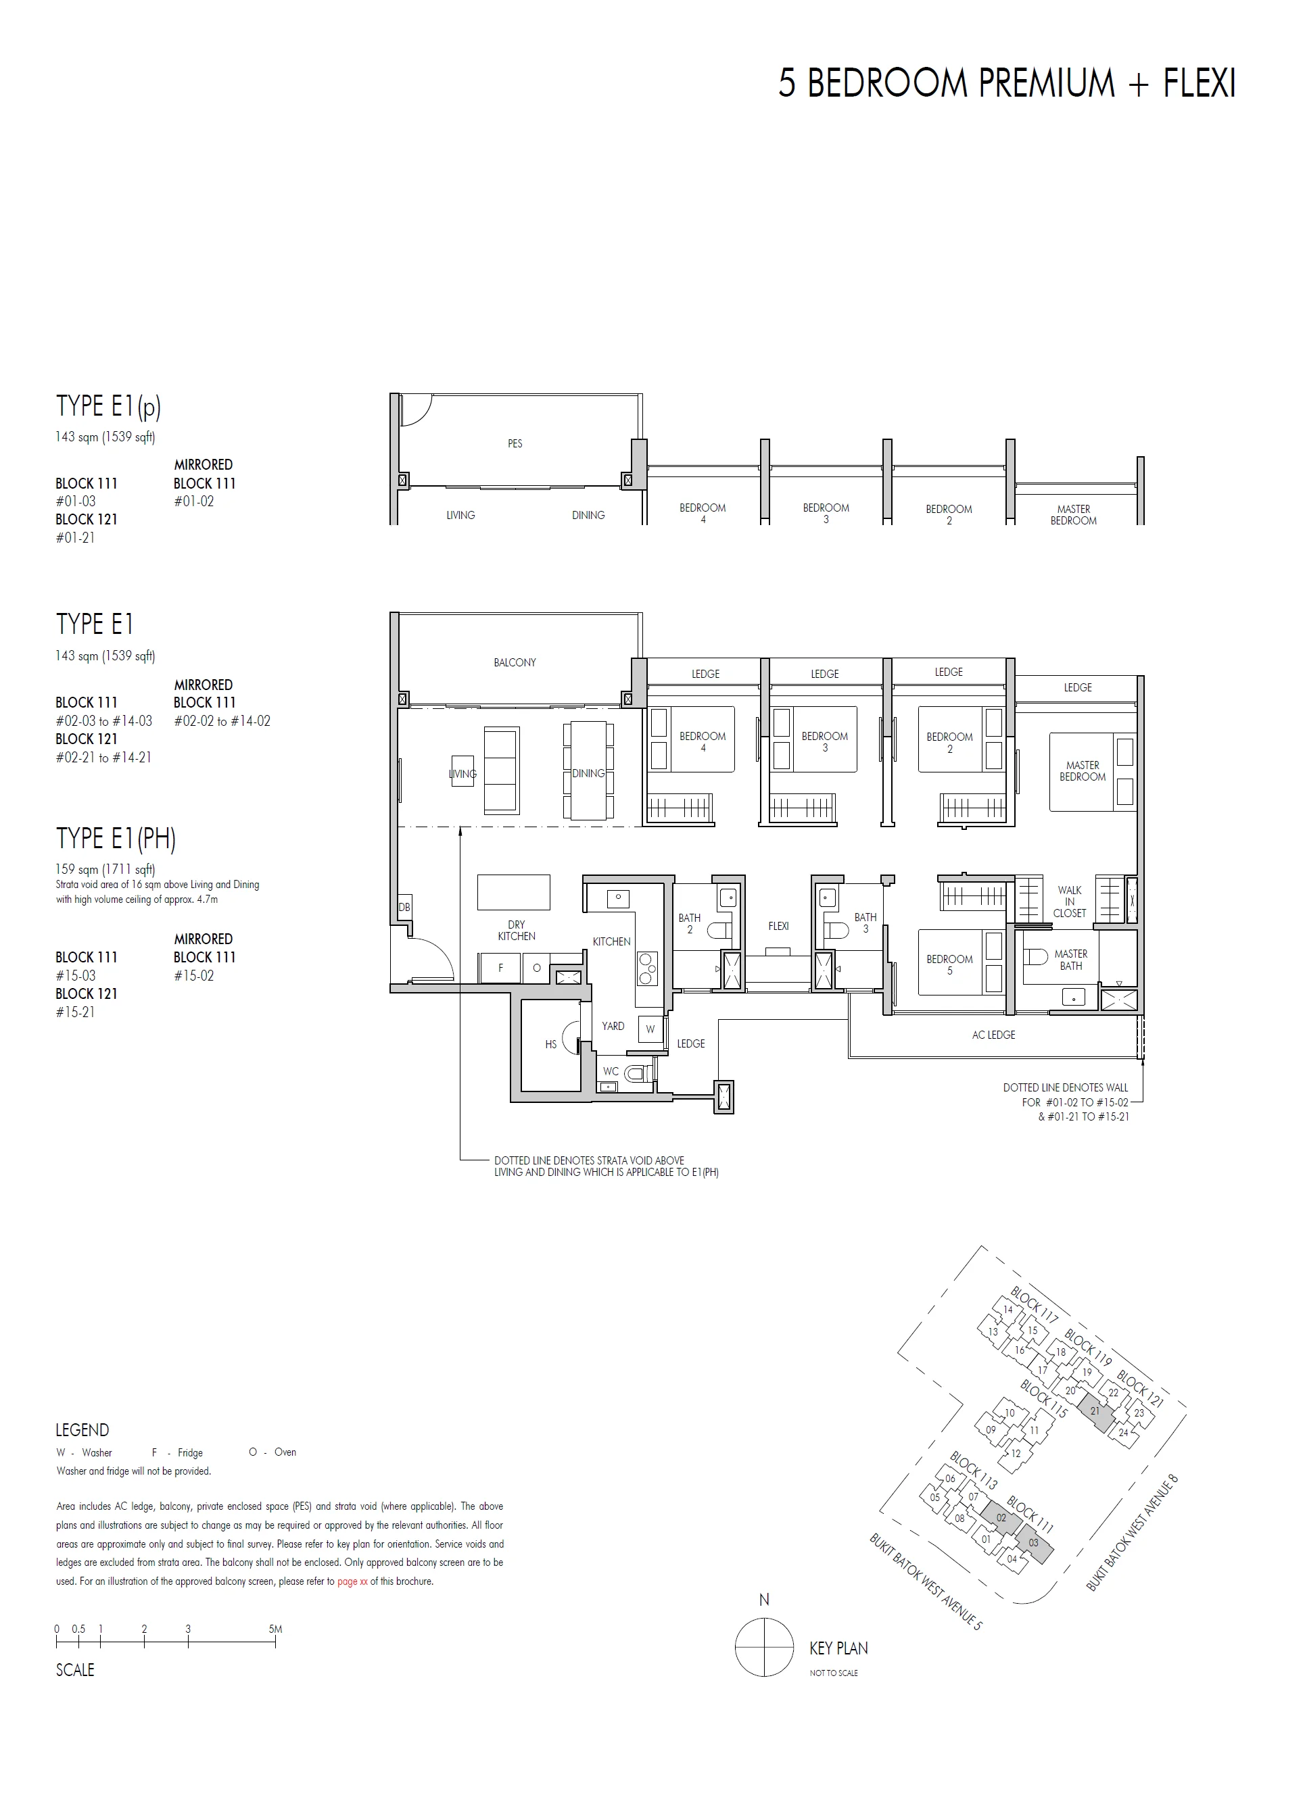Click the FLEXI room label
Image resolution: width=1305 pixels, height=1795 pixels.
pos(778,925)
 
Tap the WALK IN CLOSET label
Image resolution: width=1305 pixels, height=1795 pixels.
pos(1069,902)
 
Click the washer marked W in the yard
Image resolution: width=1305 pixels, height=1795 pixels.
pos(650,1029)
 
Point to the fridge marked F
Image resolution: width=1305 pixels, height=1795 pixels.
pos(500,968)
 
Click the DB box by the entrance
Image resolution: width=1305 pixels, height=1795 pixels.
pos(404,908)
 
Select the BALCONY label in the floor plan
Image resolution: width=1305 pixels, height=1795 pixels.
pos(515,662)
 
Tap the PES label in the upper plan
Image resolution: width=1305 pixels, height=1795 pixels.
pos(515,444)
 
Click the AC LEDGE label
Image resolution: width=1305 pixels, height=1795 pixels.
pos(993,1035)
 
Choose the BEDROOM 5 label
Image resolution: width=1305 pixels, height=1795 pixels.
pos(949,964)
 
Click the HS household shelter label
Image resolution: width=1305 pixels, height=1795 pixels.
pos(550,1044)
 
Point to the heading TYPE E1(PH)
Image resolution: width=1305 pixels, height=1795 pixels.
pos(116,838)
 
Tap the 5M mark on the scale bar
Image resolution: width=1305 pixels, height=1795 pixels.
pos(275,1629)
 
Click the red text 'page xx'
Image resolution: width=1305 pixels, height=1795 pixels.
pos(352,1581)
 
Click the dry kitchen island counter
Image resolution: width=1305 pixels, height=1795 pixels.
pos(513,892)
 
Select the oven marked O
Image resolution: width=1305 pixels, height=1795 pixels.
pos(536,968)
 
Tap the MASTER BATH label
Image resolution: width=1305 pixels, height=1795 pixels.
pos(1070,959)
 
